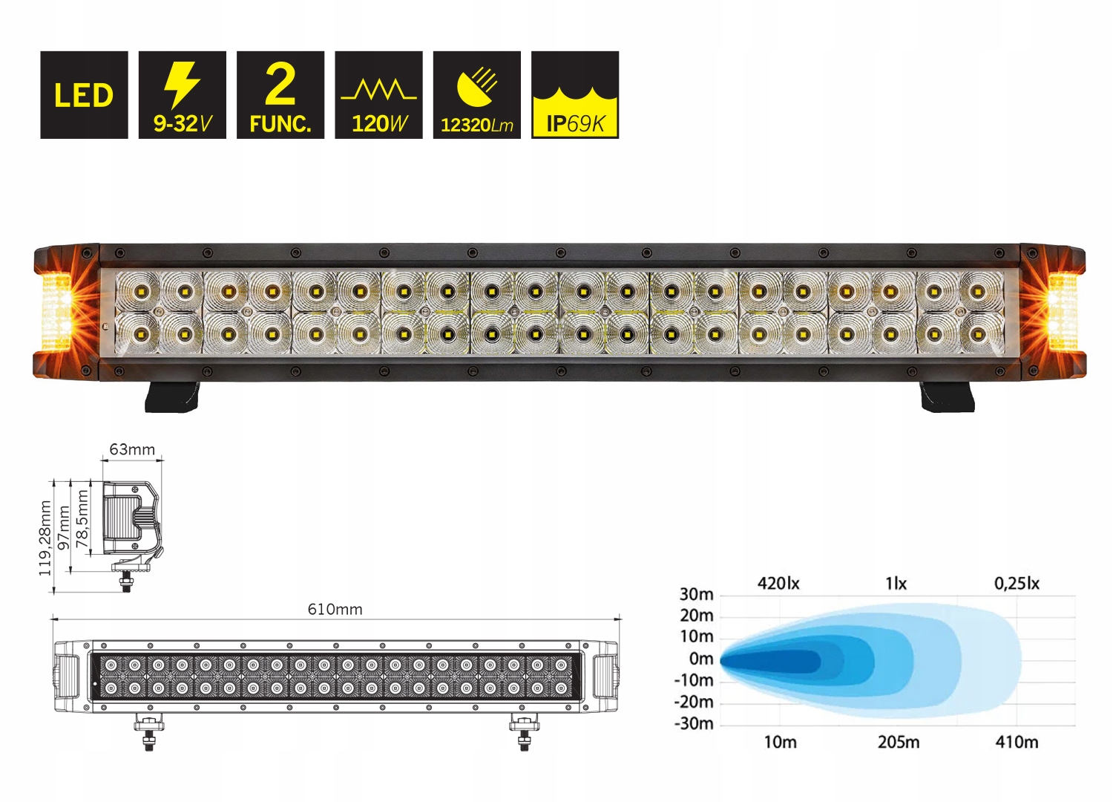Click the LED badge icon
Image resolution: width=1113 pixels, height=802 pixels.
tap(84, 95)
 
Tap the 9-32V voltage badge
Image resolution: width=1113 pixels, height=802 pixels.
tap(182, 95)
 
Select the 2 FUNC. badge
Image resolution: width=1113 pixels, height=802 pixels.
tap(280, 95)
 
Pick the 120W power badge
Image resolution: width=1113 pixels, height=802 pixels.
tap(378, 95)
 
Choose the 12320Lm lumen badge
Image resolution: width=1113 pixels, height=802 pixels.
tap(476, 95)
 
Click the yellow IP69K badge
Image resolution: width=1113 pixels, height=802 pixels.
tap(575, 95)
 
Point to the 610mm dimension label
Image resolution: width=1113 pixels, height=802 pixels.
tap(335, 610)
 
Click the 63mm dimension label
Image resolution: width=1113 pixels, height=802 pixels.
tap(132, 449)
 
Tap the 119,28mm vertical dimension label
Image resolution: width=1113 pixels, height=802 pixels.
tap(45, 538)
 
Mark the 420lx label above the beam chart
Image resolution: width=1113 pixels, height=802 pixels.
tap(778, 584)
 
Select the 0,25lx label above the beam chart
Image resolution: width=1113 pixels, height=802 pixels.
tap(1017, 584)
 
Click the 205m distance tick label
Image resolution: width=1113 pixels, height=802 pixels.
tap(899, 742)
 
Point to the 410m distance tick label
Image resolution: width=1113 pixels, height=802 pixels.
tap(1017, 742)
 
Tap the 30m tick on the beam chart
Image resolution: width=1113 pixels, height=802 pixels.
tap(696, 594)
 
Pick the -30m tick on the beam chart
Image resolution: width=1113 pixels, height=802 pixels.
tap(693, 723)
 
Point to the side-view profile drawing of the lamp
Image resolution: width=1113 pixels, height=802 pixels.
tap(132, 524)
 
